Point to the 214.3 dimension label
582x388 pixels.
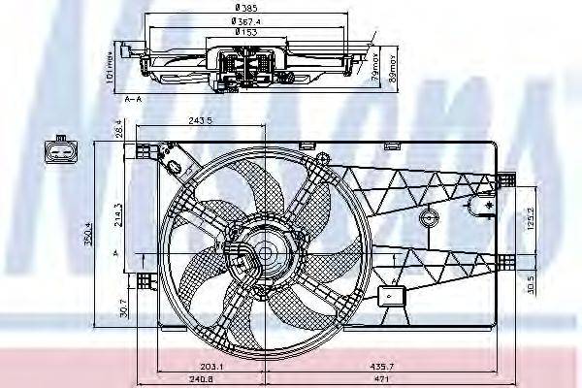117,212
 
